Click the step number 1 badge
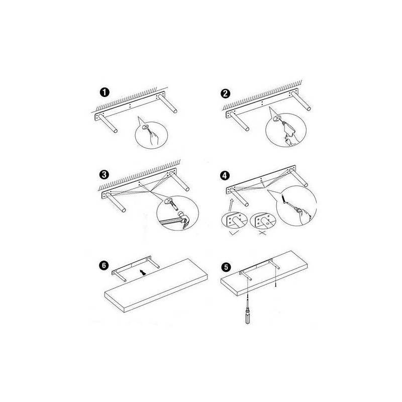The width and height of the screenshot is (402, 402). pyautogui.click(x=105, y=92)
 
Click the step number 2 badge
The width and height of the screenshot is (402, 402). pyautogui.click(x=225, y=93)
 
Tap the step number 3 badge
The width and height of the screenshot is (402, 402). pyautogui.click(x=104, y=174)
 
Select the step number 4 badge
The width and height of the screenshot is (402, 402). pyautogui.click(x=225, y=175)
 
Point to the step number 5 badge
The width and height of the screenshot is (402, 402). pyautogui.click(x=226, y=267)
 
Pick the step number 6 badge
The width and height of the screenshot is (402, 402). pyautogui.click(x=104, y=265)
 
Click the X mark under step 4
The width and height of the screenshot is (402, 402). pyautogui.click(x=262, y=233)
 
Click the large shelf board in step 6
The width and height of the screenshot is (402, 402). pyautogui.click(x=156, y=285)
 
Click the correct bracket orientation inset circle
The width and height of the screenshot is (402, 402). pyautogui.click(x=234, y=220)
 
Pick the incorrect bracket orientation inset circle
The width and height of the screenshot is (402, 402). pyautogui.click(x=263, y=220)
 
